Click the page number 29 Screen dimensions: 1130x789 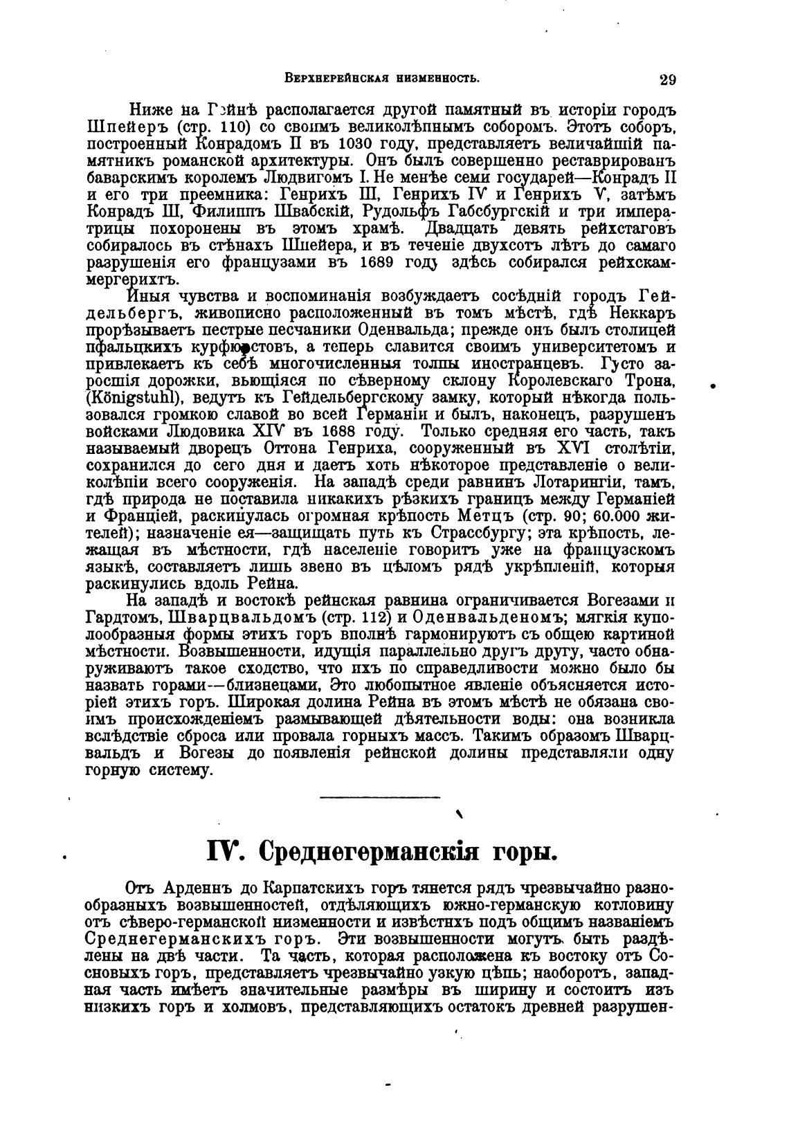(x=668, y=79)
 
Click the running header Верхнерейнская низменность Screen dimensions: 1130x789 (x=382, y=78)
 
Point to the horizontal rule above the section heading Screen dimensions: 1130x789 (x=381, y=797)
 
